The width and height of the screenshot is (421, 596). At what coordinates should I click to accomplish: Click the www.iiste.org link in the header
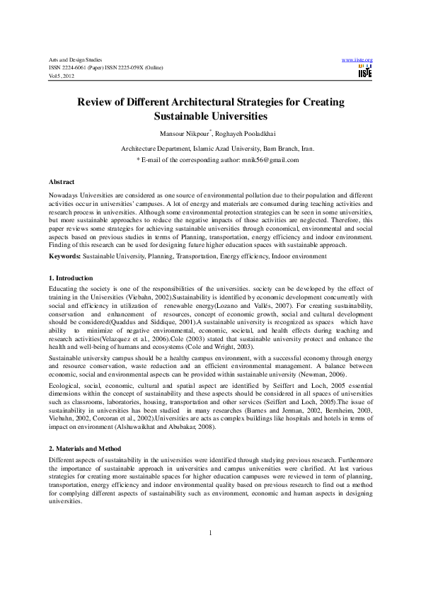pos(357,59)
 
